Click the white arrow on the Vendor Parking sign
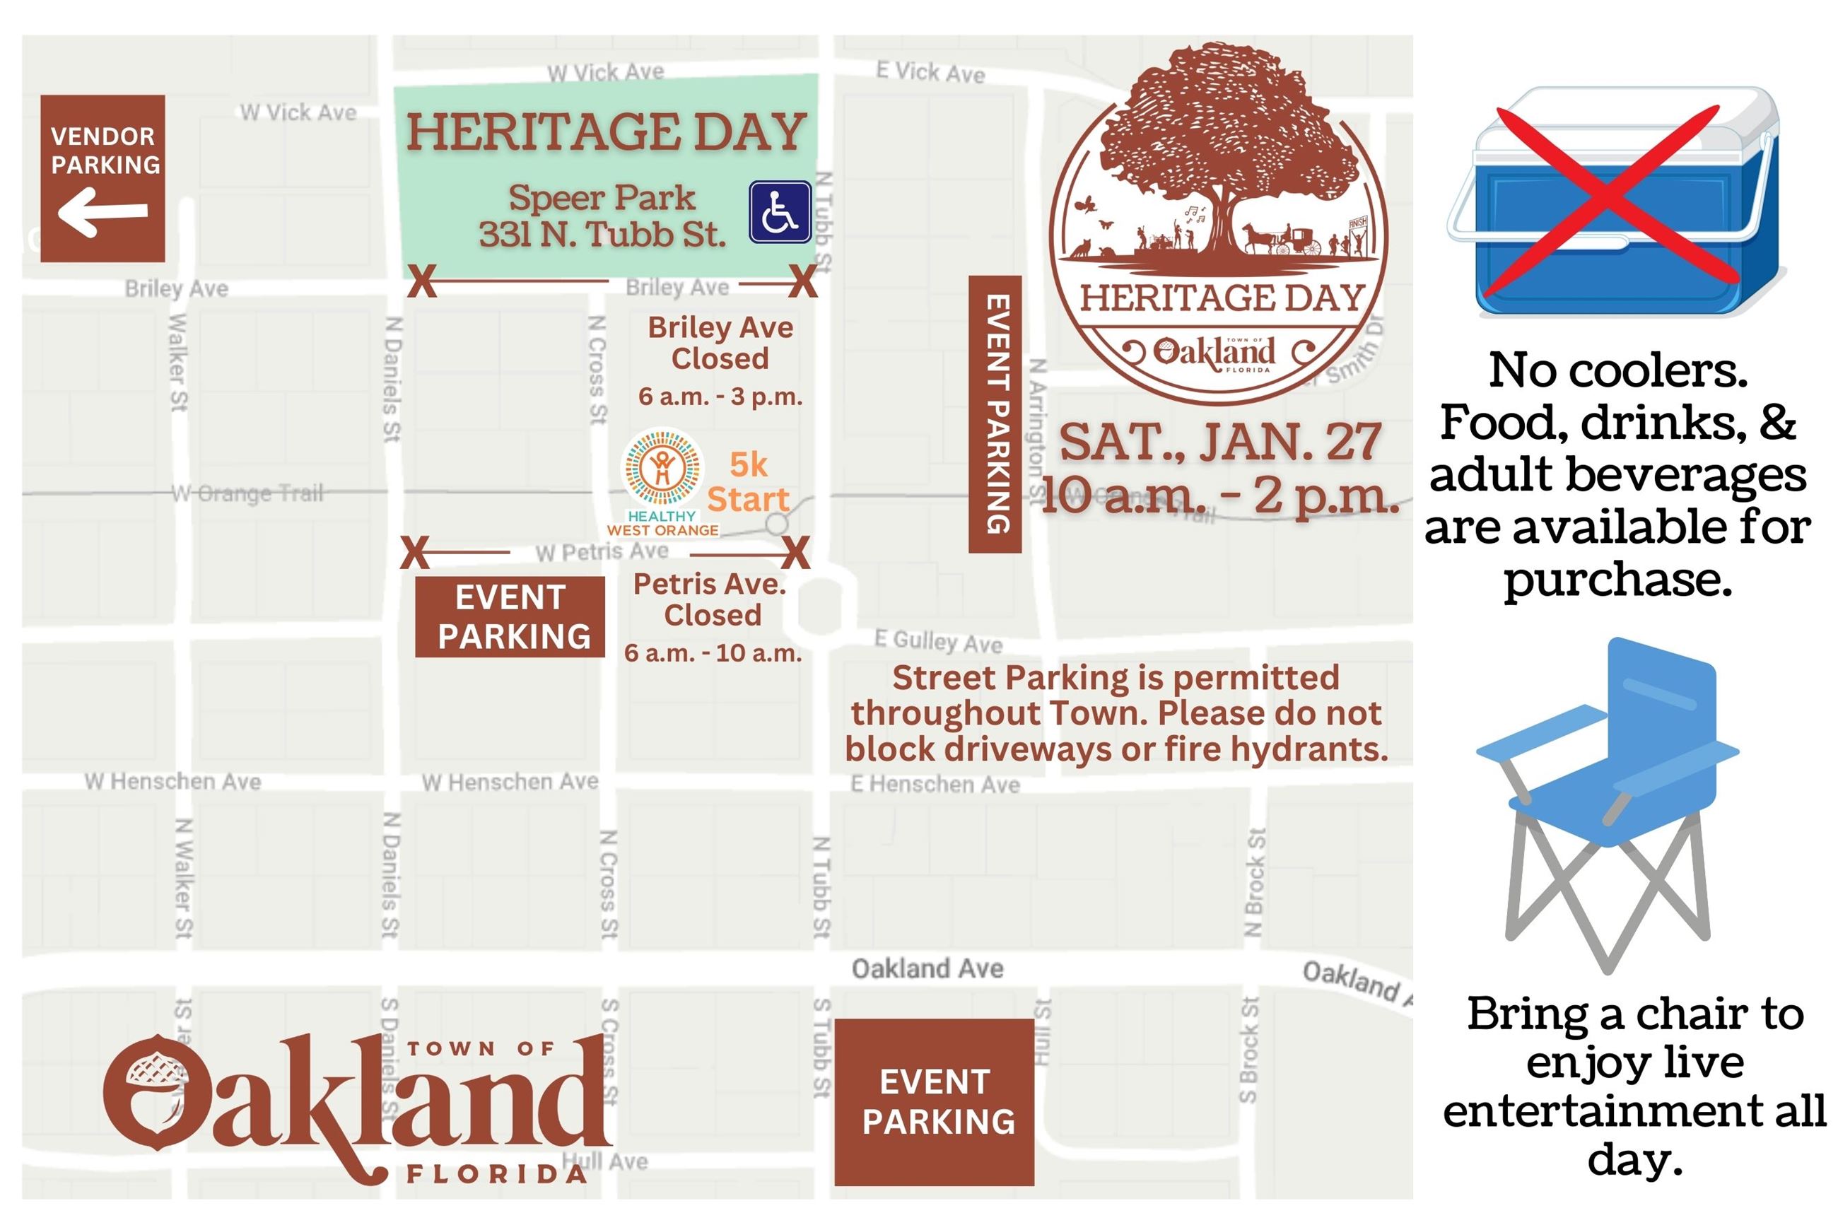(103, 214)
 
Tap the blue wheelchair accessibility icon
(780, 212)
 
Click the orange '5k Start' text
(747, 482)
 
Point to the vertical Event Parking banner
(995, 414)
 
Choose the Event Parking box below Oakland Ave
(935, 1101)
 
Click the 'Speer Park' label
(602, 199)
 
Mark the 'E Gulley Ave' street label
(937, 641)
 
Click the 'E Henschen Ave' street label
(935, 784)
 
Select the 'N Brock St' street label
(1253, 883)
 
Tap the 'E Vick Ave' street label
(930, 73)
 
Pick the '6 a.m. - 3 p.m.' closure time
(720, 397)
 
